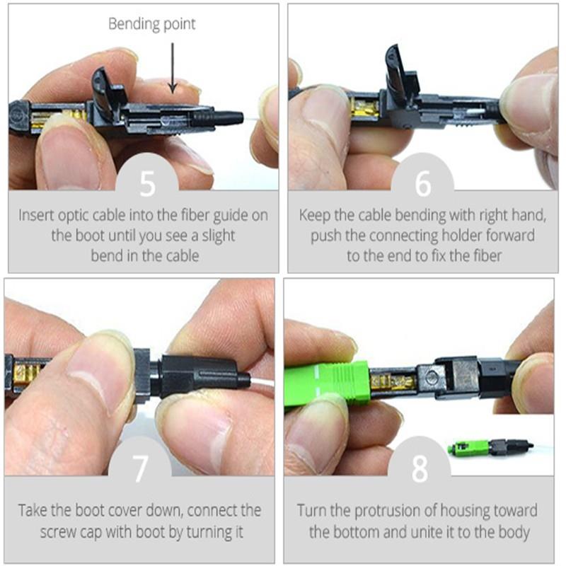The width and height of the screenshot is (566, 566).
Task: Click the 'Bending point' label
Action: [x=151, y=24]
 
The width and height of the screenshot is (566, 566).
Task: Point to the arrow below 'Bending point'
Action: [x=172, y=67]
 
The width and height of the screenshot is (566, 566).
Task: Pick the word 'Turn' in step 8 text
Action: [x=312, y=510]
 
